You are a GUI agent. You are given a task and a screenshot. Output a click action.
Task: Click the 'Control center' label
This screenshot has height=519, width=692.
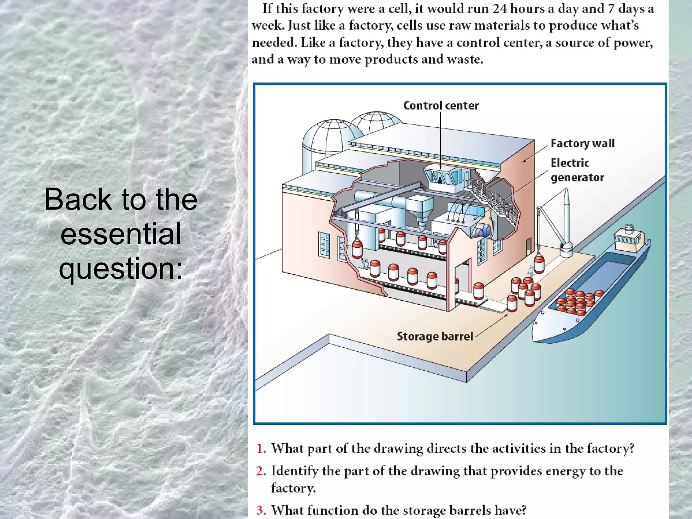click(441, 105)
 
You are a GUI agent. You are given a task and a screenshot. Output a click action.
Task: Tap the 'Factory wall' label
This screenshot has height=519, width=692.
click(582, 143)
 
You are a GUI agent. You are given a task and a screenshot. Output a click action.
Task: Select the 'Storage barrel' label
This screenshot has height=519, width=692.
click(435, 336)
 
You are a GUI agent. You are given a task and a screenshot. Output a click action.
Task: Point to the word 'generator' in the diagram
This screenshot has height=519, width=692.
click(577, 177)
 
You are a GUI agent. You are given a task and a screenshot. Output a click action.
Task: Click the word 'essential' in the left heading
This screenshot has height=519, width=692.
click(121, 233)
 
